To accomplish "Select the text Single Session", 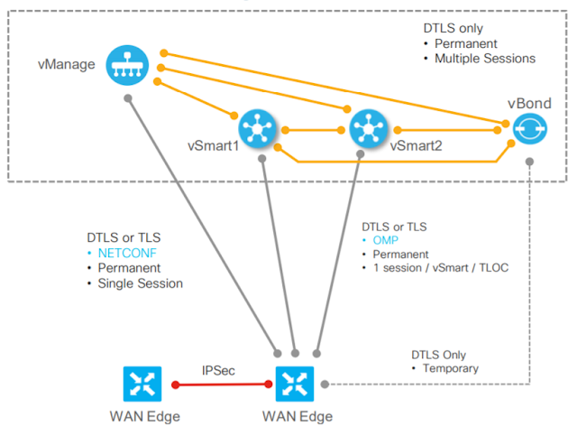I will [x=143, y=283].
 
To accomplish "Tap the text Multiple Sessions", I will [x=486, y=59].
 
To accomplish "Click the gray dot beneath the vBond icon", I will [x=530, y=161].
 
